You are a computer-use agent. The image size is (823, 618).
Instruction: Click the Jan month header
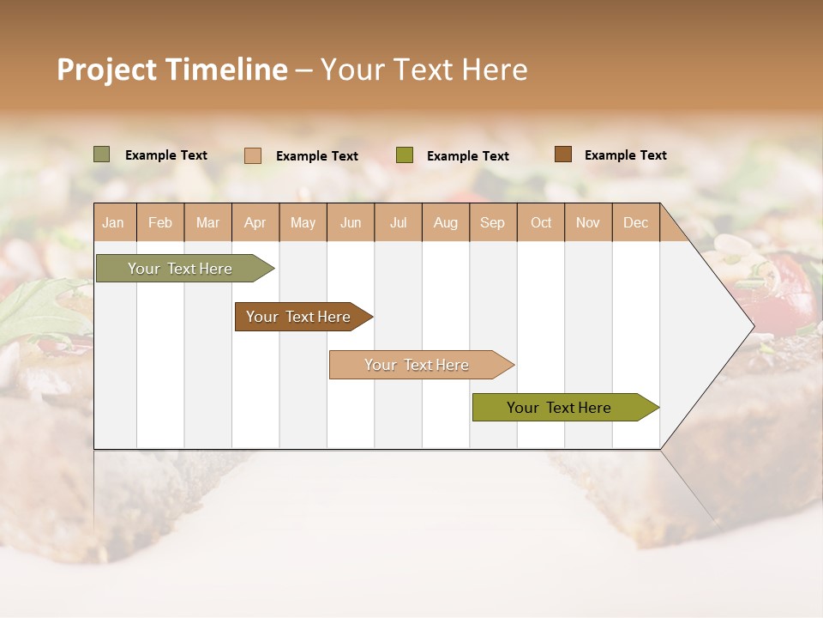113,222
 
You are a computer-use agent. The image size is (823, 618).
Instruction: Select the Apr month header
255,222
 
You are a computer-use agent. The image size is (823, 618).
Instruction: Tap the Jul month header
398,222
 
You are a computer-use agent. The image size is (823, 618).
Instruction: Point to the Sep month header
492,222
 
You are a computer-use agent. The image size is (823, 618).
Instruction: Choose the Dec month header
635,222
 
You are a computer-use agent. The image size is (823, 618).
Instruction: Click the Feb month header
160,222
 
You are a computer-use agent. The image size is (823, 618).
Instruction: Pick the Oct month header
541,222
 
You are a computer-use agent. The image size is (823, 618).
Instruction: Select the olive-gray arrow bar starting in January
180,269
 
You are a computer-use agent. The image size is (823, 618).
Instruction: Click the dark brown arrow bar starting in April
298,317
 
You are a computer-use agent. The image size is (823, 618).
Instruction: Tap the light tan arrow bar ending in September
417,365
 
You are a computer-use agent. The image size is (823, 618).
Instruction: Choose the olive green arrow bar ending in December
559,408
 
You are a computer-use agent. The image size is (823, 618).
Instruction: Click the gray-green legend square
101,154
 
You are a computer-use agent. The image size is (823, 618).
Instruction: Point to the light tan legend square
252,155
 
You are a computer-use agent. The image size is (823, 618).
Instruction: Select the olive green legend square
405,155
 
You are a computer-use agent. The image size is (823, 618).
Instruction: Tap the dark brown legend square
562,154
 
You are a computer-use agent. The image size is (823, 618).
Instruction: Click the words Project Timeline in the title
171,70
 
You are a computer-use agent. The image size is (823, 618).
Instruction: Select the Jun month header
351,222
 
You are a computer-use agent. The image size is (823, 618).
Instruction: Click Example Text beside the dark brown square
625,155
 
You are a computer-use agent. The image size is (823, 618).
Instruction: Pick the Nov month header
588,222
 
